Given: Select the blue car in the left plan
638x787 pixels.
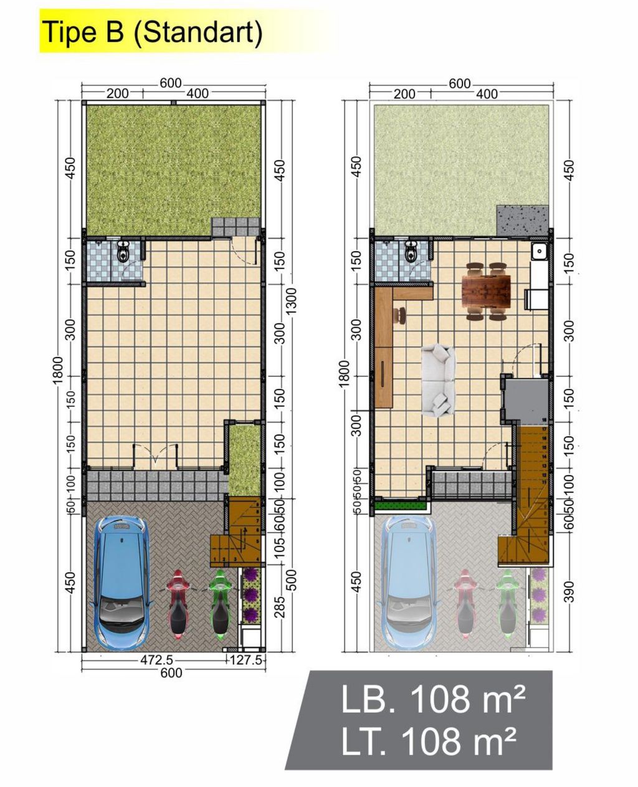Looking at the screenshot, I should click(x=121, y=583).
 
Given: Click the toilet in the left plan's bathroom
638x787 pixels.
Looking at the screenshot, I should click(x=123, y=252).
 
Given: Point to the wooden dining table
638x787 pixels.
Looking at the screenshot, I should click(x=487, y=291).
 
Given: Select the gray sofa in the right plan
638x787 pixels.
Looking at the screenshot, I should click(x=439, y=380).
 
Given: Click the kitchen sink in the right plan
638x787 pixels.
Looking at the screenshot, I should click(x=539, y=251).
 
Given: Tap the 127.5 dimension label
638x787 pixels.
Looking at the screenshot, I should click(x=247, y=661).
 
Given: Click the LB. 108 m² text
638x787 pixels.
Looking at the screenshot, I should click(x=432, y=700).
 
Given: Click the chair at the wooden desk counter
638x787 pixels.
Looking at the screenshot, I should click(x=399, y=315).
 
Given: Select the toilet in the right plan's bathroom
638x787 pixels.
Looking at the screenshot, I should click(x=411, y=252).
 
